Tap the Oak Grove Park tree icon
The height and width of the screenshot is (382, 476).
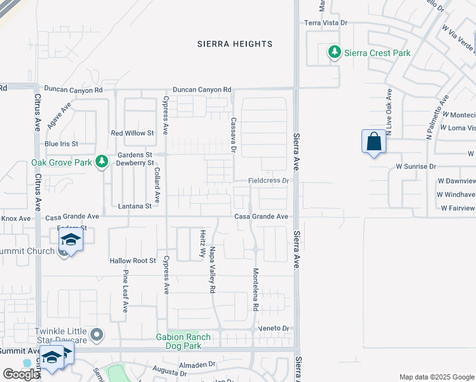click(101, 162)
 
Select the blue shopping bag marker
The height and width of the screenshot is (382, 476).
click(374, 142)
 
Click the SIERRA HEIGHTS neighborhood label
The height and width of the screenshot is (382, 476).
click(235, 44)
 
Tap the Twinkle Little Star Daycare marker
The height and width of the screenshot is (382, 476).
click(97, 334)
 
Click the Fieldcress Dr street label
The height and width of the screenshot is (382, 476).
click(269, 181)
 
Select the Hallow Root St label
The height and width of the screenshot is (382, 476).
click(132, 260)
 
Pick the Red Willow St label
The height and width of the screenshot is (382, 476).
click(132, 133)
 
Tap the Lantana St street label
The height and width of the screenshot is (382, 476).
click(135, 206)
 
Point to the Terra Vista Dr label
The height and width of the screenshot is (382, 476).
click(326, 22)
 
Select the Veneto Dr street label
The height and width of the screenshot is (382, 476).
click(274, 329)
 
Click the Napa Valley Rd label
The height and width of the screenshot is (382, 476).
click(213, 270)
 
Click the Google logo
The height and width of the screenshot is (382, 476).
click(21, 374)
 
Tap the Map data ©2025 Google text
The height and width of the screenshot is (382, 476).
click(436, 377)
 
